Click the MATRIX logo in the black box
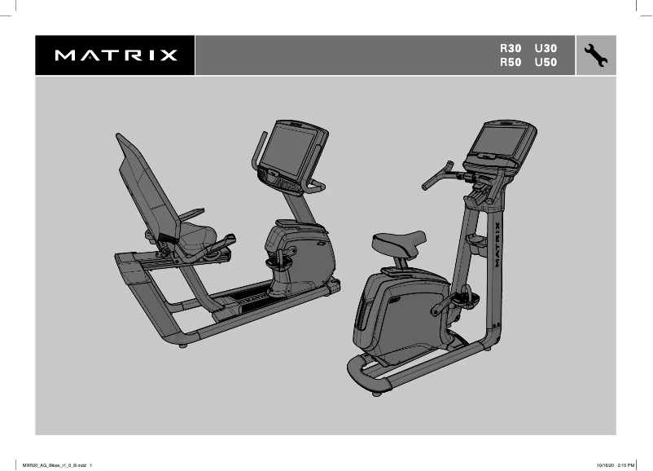(x=116, y=56)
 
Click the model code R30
(x=511, y=49)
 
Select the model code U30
(x=546, y=49)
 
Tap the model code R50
(x=511, y=63)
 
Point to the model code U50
(x=546, y=63)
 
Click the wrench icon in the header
(x=596, y=55)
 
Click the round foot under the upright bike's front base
(x=377, y=393)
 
